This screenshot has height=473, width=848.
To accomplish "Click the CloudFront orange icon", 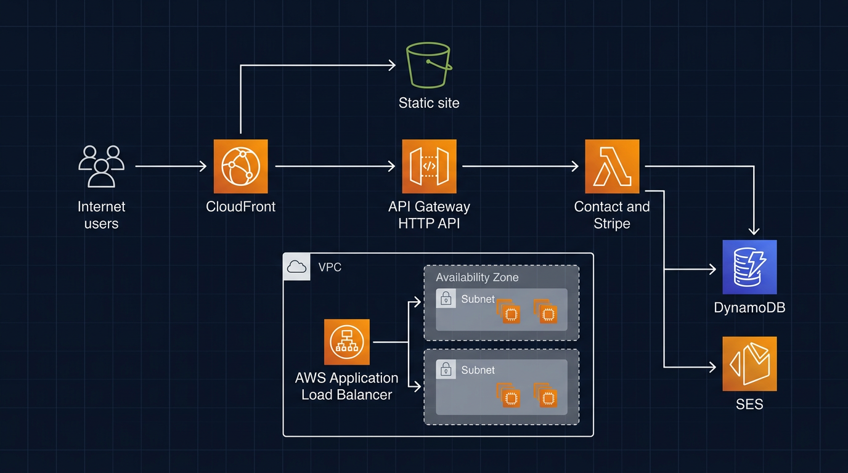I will tap(240, 166).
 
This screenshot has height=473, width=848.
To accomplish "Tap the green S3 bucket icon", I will tap(429, 66).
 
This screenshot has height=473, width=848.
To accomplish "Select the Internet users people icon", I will tap(101, 166).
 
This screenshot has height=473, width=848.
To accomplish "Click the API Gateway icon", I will tap(429, 166).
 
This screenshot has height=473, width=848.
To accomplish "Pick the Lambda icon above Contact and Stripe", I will tap(612, 166).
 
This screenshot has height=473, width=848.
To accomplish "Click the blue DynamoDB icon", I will tap(749, 267).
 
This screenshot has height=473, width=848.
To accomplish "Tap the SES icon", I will tap(749, 363).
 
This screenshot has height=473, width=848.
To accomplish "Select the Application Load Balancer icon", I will tap(347, 342).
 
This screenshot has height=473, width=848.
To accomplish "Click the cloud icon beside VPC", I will tap(297, 267).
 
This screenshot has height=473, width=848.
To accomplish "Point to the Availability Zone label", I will tap(477, 277).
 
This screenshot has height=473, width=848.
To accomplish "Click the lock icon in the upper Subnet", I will tap(446, 299).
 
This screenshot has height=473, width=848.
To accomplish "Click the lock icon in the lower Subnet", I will tap(446, 370).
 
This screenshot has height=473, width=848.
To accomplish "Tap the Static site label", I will tap(429, 103).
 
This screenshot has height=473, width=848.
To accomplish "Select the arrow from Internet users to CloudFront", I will tap(170, 166).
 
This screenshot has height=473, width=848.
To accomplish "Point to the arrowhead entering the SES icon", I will tap(712, 368).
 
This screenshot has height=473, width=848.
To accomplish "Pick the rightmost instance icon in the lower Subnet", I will tap(547, 397).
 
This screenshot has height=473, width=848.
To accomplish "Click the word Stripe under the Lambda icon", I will tap(612, 224).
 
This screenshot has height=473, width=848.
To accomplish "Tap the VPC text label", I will tap(330, 267).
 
